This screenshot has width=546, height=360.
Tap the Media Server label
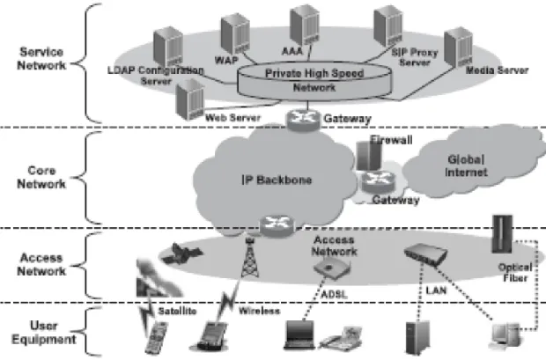click(497, 70)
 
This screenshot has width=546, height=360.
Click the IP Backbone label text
click(277, 180)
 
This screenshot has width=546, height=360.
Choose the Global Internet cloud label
click(466, 165)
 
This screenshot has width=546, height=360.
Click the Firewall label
click(391, 140)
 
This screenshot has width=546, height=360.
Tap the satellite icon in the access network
click(181, 253)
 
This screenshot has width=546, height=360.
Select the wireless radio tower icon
click(250, 258)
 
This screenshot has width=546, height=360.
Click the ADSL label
click(334, 295)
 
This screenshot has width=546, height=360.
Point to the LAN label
click(436, 290)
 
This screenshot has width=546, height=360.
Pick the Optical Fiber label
click(515, 273)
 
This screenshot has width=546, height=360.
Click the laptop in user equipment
click(299, 334)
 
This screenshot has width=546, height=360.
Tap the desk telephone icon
click(341, 338)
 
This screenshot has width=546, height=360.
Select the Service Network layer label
click(41, 58)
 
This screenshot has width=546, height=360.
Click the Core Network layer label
click(41, 177)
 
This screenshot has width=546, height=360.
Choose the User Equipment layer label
click(43, 333)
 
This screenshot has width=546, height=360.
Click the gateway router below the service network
click(303, 120)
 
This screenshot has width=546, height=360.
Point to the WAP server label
click(226, 60)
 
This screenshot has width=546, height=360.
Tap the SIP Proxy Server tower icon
click(387, 26)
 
